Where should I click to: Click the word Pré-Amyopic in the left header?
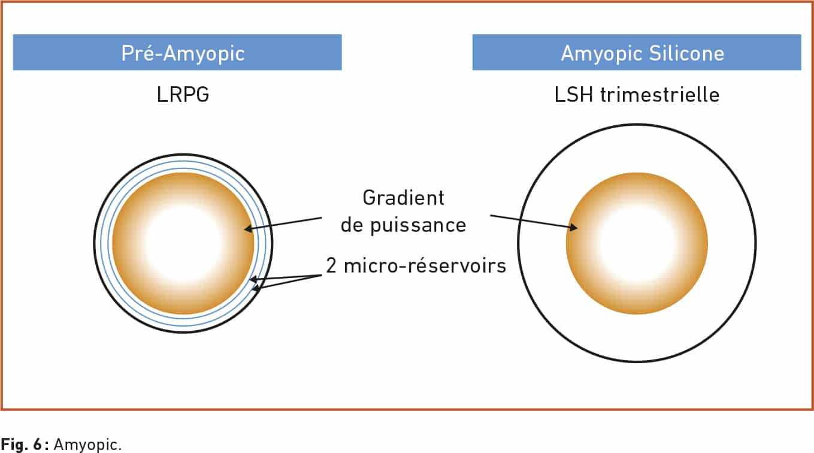click(183, 54)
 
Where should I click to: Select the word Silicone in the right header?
click(686, 53)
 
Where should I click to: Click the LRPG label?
click(183, 95)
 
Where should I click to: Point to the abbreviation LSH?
click(574, 95)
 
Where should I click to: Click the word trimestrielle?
click(659, 95)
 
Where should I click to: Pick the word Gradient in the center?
click(403, 198)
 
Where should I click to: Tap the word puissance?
click(418, 226)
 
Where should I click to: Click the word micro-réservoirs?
click(425, 265)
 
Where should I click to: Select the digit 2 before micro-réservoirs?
click(331, 265)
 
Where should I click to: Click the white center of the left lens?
click(183, 243)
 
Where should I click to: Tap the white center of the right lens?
click(637, 243)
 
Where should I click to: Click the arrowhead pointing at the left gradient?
click(248, 229)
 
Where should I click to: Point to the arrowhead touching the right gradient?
click(573, 228)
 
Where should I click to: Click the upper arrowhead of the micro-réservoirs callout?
click(253, 279)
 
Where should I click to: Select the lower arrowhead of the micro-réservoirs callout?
click(256, 288)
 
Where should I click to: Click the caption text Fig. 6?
click(25, 444)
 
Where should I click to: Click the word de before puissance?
click(352, 225)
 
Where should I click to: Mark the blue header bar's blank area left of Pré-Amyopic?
click(67, 52)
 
